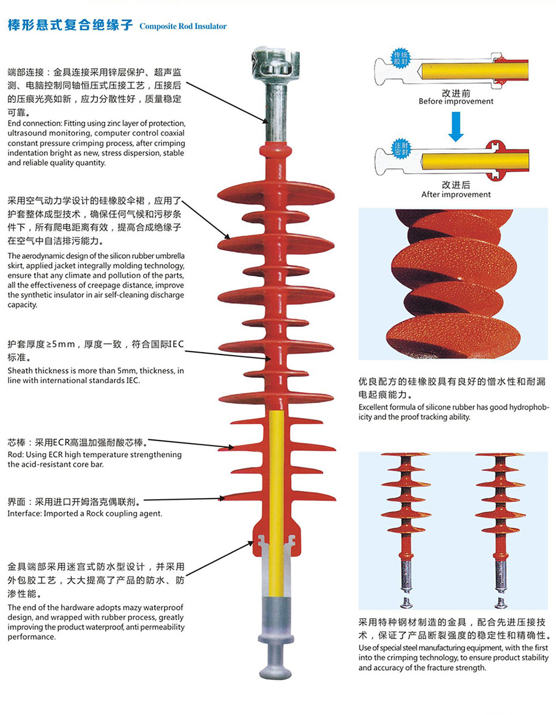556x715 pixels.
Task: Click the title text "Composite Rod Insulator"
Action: pos(183,26)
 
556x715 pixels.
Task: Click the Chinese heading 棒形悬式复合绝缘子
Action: pos(70,26)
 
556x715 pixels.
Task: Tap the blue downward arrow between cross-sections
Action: pos(456,128)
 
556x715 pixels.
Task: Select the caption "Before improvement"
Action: pos(456,102)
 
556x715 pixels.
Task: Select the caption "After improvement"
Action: pos(456,194)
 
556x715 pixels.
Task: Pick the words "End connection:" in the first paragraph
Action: pos(29,123)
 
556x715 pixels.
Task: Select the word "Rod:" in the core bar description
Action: pos(16,455)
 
